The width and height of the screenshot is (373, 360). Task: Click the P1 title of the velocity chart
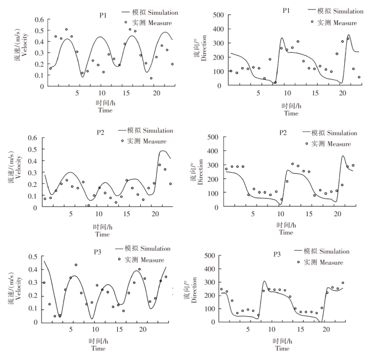click(x=103, y=15)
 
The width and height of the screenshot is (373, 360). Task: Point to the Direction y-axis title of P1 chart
click(x=200, y=51)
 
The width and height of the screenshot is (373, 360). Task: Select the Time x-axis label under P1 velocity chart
click(x=106, y=110)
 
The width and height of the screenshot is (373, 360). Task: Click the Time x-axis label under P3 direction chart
click(x=282, y=348)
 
